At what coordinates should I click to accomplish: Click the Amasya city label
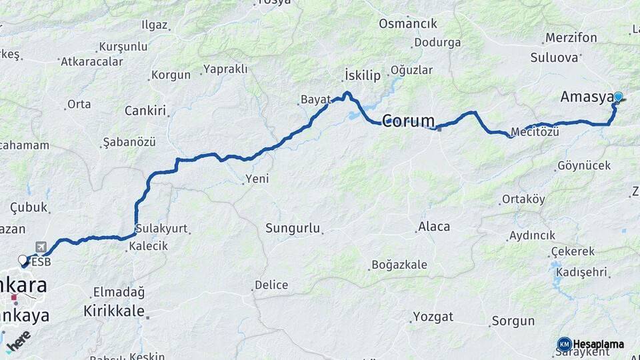pyautogui.click(x=586, y=97)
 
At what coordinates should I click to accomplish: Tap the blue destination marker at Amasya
pyautogui.click(x=618, y=97)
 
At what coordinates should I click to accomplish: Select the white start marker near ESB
pyautogui.click(x=23, y=260)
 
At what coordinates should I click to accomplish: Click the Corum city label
pyautogui.click(x=408, y=121)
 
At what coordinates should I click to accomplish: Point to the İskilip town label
pyautogui.click(x=363, y=75)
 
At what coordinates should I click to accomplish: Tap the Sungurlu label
pyautogui.click(x=293, y=229)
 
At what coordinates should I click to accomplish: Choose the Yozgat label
pyautogui.click(x=433, y=316)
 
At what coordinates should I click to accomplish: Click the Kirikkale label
pyautogui.click(x=114, y=311)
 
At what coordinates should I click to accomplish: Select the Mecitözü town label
pyautogui.click(x=534, y=132)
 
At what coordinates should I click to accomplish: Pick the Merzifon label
pyautogui.click(x=571, y=37)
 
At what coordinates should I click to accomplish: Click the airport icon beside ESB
pyautogui.click(x=41, y=247)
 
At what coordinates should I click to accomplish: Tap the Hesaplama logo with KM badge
pyautogui.click(x=590, y=344)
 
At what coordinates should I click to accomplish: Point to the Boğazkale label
pyautogui.click(x=399, y=265)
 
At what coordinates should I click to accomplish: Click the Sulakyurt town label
pyautogui.click(x=161, y=229)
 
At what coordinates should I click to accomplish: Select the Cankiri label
pyautogui.click(x=145, y=111)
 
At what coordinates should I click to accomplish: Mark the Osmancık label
pyautogui.click(x=408, y=24)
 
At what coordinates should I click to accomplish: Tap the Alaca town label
pyautogui.click(x=434, y=227)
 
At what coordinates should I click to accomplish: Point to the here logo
pyautogui.click(x=19, y=341)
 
